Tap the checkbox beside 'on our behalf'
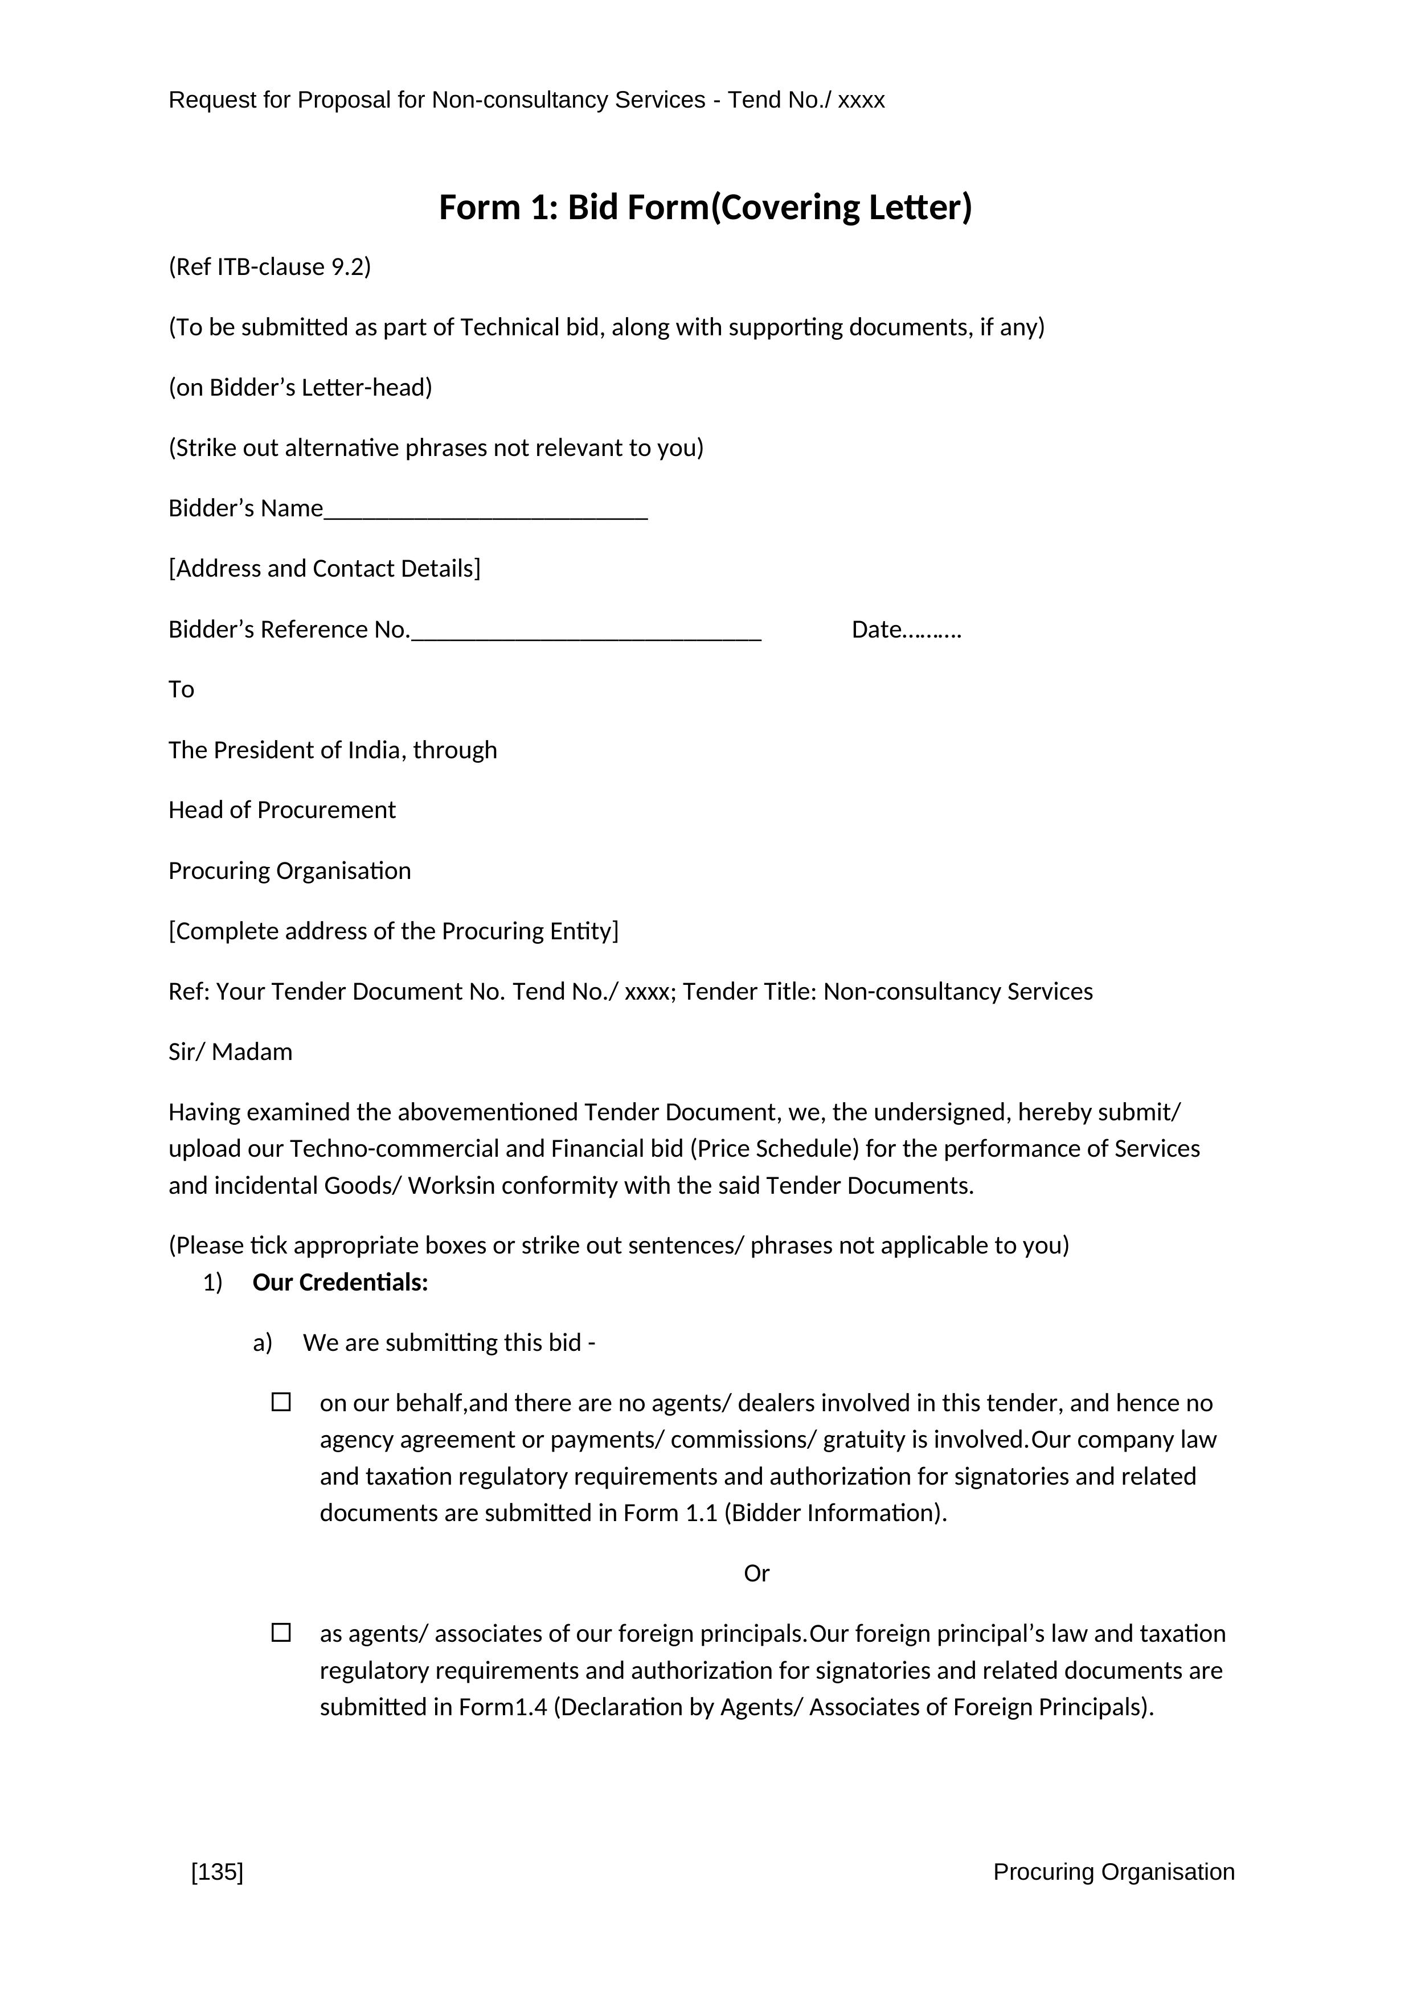281,1402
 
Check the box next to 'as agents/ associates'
281,1633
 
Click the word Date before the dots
876,630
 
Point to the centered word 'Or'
756,1572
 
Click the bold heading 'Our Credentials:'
340,1283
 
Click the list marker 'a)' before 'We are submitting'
262,1343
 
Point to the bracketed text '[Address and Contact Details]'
325,569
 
